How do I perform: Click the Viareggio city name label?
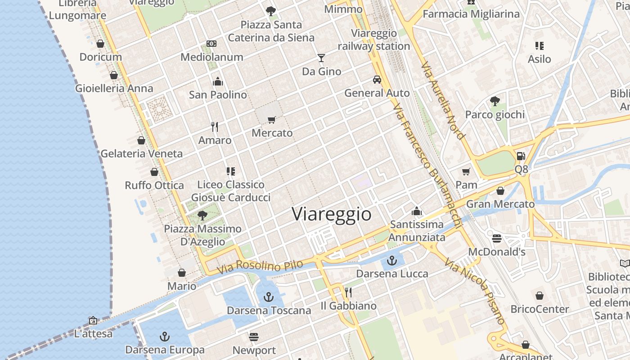click(332, 214)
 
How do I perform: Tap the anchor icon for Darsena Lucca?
click(392, 260)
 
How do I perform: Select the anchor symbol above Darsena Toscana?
click(269, 297)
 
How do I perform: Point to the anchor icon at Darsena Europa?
click(165, 337)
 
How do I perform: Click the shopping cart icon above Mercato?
click(271, 120)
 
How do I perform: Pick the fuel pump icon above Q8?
click(521, 156)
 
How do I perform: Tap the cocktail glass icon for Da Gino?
click(321, 58)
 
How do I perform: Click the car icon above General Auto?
click(377, 80)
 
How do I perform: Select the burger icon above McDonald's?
click(497, 238)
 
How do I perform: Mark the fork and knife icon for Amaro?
click(215, 127)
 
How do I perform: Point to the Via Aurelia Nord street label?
click(443, 101)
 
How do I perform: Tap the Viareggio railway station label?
click(374, 40)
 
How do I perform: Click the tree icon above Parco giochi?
click(495, 101)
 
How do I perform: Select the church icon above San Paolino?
click(218, 81)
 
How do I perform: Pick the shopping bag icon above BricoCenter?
click(540, 296)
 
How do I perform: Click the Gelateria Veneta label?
click(141, 153)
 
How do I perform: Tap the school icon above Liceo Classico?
click(231, 171)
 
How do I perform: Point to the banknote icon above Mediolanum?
click(211, 44)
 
